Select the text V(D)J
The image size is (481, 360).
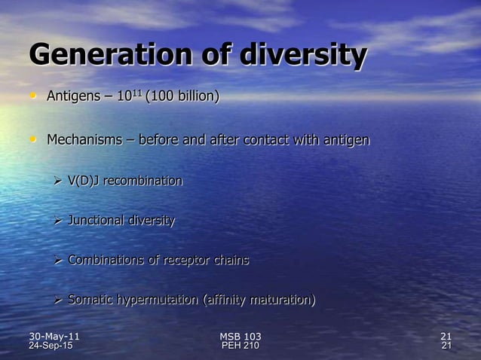pyautogui.click(x=84, y=182)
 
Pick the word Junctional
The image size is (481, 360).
pyautogui.click(x=96, y=221)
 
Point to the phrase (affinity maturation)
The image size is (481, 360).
pyautogui.click(x=259, y=301)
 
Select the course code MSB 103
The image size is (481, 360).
pyautogui.click(x=240, y=336)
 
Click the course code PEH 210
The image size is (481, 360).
pyautogui.click(x=240, y=346)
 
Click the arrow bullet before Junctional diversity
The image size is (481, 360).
pyautogui.click(x=57, y=221)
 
